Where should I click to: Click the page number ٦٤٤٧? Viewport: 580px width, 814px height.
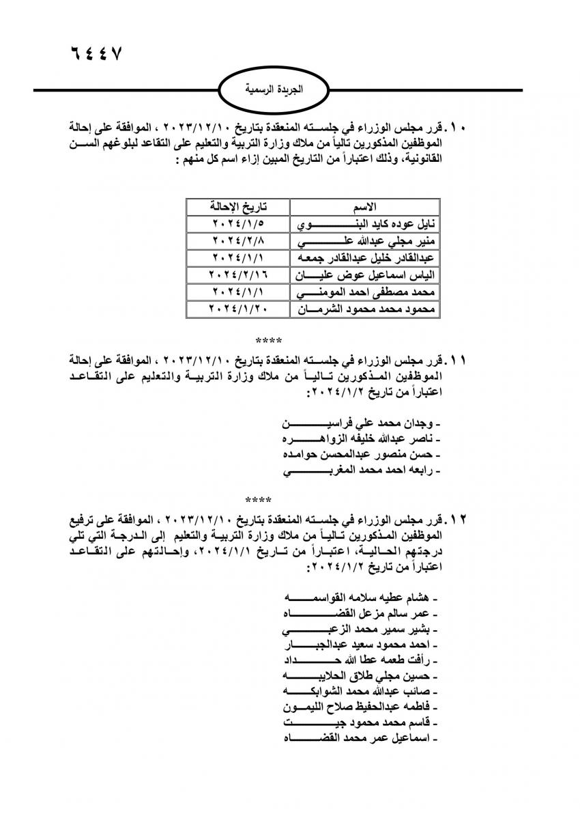(x=96, y=53)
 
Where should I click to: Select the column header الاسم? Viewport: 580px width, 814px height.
(x=364, y=206)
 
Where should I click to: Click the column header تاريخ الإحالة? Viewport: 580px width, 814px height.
(x=238, y=206)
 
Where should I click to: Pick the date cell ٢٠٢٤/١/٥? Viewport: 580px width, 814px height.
(x=238, y=223)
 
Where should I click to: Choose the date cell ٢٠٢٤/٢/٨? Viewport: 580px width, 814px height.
(x=238, y=240)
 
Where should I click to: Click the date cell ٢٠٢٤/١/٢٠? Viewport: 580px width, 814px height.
(x=238, y=309)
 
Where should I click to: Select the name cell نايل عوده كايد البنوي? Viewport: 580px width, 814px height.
(x=364, y=223)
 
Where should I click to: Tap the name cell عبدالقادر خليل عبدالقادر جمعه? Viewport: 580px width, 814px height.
(x=364, y=257)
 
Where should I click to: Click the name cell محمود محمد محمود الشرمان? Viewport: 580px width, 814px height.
(x=364, y=309)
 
